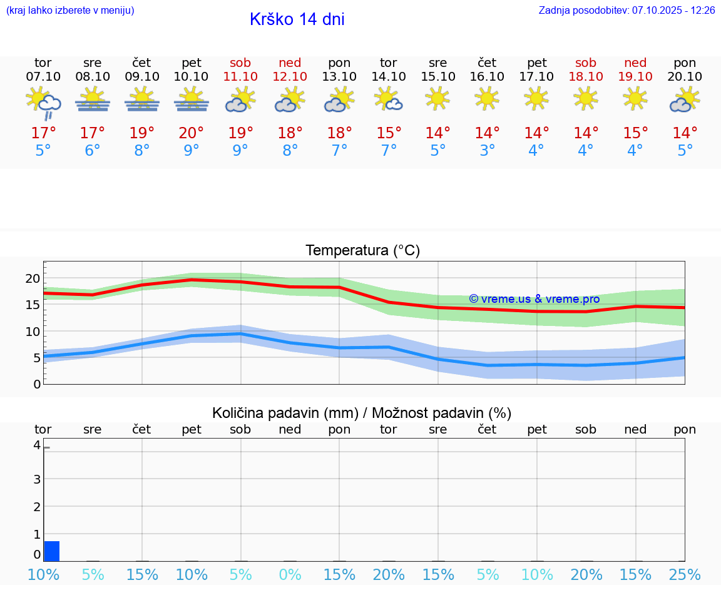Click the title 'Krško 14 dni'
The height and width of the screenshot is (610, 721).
coord(297,19)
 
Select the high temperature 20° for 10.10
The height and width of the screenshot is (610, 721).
coord(191,133)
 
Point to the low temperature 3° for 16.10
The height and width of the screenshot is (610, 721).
coord(487,151)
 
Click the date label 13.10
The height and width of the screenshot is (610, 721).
coord(339,76)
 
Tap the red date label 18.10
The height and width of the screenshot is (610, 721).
coord(586,76)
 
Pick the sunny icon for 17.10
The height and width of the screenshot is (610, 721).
coord(536,98)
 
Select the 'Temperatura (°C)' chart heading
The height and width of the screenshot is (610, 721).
coord(362,250)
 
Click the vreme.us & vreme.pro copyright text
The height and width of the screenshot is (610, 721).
coord(534,299)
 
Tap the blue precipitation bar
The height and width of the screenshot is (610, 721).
coord(52,551)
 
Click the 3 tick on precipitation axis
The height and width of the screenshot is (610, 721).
coord(37,479)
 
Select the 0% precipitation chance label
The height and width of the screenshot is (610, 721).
coord(290,575)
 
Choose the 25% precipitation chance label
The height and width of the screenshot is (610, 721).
coord(685,575)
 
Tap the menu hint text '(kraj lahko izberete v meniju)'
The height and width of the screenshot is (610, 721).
coord(70,10)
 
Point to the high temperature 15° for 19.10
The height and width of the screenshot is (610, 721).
coord(635,133)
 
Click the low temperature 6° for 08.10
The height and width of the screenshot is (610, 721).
coord(93,151)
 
